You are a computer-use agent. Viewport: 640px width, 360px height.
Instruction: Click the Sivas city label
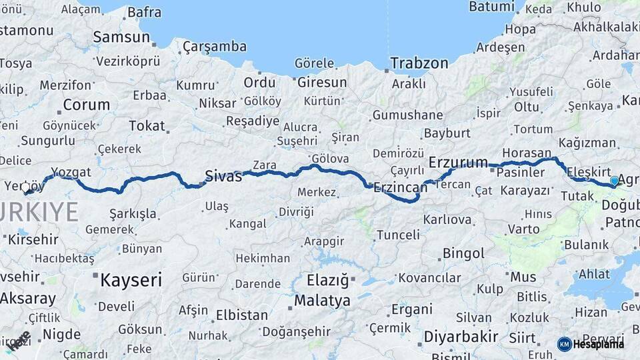click(x=223, y=176)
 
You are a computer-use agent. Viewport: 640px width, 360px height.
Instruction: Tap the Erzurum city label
click(x=458, y=162)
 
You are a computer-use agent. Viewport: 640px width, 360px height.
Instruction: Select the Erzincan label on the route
click(x=400, y=188)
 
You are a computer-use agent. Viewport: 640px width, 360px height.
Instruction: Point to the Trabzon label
click(x=419, y=63)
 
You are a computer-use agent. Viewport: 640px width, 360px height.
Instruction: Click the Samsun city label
click(x=121, y=37)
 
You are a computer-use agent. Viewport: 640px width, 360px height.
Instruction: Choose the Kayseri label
click(x=132, y=280)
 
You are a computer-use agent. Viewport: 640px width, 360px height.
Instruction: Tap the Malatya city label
click(x=322, y=301)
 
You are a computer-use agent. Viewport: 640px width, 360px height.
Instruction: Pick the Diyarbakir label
click(x=461, y=337)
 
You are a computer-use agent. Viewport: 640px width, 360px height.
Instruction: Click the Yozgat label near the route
click(x=71, y=172)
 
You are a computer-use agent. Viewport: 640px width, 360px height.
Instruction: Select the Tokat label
click(x=147, y=125)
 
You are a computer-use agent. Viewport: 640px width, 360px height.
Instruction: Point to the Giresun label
click(x=322, y=83)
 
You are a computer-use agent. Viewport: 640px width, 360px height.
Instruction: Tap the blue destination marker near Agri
click(x=614, y=181)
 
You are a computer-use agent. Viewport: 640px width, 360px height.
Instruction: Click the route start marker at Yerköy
click(x=27, y=188)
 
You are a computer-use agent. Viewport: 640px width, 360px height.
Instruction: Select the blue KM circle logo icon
click(x=564, y=344)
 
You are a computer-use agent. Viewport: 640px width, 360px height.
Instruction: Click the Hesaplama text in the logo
click(x=599, y=344)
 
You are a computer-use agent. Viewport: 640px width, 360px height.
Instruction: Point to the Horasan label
click(x=527, y=152)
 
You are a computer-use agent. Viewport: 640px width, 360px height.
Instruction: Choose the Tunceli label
click(x=398, y=235)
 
